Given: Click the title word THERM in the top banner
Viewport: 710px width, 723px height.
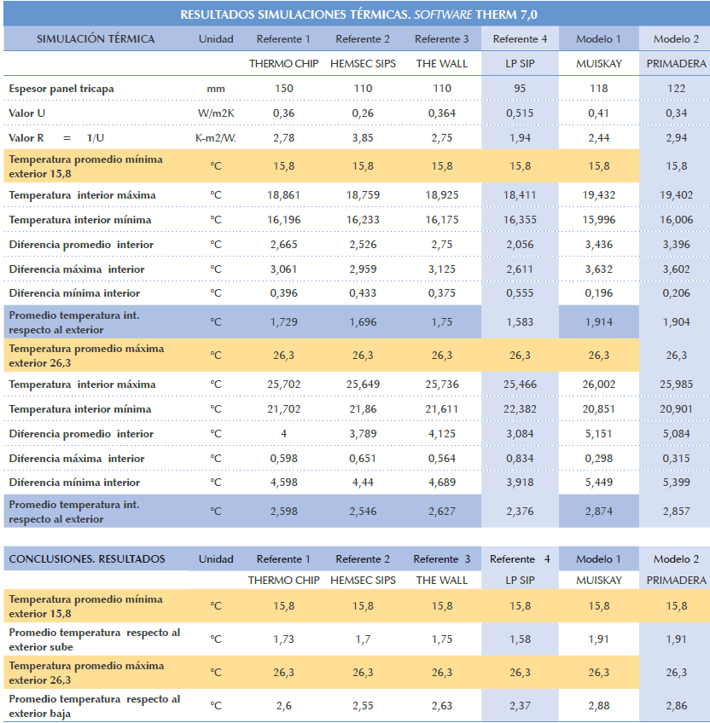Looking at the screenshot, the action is pos(496,14).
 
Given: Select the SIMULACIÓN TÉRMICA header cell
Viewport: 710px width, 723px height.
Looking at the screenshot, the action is pos(96,39).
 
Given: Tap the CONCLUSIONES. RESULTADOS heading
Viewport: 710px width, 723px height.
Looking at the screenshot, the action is pos(87,558).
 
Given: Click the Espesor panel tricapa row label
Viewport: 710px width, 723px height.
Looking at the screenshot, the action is pos(61,89).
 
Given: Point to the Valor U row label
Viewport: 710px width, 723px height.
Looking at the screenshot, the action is pos(26,113).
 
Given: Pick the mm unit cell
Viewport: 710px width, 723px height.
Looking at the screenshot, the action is pos(216,89).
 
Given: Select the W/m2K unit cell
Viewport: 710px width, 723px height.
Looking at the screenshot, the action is pos(216,113).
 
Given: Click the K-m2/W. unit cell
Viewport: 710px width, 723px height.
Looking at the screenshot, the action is pos(216,138).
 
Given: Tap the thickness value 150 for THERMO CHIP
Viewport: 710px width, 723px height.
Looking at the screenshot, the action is pos(284,89).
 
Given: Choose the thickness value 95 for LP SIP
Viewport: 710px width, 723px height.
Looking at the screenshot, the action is pos(520,89).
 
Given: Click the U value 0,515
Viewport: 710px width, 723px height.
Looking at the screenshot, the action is pos(520,113).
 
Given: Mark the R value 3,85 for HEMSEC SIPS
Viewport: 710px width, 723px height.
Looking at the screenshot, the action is pos(363,138).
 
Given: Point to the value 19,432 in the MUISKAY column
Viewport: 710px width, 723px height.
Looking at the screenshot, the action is pos(599,195).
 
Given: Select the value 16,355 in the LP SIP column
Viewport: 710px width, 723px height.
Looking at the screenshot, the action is pos(520,220).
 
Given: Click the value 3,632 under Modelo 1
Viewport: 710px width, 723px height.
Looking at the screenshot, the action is pos(599,269).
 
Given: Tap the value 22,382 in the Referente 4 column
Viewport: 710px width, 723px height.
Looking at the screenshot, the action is pos(520,409).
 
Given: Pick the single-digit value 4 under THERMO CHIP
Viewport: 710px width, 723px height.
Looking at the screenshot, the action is pos(284,434).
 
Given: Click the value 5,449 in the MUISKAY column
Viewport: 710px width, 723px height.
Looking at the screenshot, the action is pos(599,483).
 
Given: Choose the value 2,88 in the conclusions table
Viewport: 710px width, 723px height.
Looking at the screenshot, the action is pos(599,705).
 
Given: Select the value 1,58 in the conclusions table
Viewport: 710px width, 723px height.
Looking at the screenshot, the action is pos(520,639).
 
